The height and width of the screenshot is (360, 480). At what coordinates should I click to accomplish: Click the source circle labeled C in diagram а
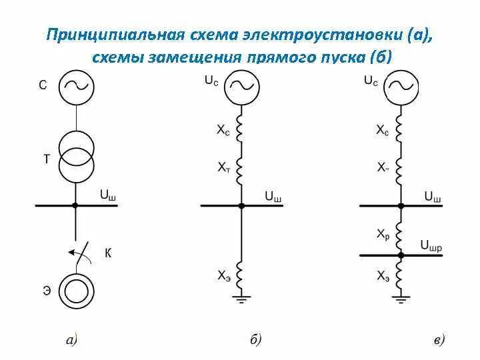[75, 87]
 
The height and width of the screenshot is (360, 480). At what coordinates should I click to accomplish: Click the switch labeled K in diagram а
[79, 253]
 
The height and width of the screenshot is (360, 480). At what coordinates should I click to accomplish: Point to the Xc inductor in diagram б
[242, 128]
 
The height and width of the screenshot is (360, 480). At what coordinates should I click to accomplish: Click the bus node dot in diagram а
[75, 205]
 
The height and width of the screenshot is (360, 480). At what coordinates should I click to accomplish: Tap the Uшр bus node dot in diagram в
[401, 255]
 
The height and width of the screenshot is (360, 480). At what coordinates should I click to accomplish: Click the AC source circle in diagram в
[401, 87]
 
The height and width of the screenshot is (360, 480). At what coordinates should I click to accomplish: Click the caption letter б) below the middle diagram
[255, 341]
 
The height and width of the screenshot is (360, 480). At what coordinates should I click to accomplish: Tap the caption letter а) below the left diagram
[72, 341]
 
